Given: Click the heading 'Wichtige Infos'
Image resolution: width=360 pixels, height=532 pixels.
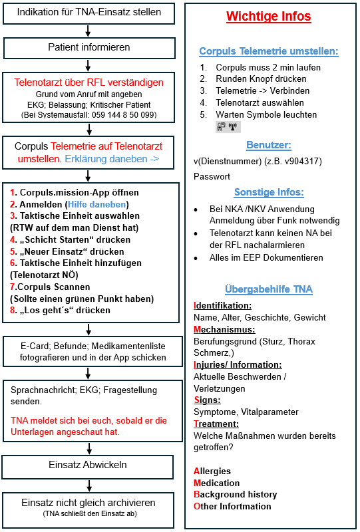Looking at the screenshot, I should (x=268, y=17).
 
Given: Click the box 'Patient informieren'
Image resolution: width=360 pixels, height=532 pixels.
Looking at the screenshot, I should (x=89, y=47).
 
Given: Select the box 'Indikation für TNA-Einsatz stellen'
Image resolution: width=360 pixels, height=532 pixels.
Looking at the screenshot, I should (x=89, y=13).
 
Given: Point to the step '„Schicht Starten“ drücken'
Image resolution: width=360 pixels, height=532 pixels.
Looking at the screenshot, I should (x=69, y=240).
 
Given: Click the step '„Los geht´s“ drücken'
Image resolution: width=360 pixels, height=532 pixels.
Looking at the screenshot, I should (x=65, y=310).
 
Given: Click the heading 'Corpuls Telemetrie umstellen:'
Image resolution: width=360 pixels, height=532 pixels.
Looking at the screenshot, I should (x=268, y=51).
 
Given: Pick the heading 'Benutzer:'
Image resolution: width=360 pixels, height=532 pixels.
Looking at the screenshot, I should (x=268, y=145).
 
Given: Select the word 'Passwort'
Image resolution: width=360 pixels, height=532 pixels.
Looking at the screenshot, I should (x=212, y=177).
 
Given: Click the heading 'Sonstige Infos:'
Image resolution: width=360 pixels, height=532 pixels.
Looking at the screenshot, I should (x=268, y=192).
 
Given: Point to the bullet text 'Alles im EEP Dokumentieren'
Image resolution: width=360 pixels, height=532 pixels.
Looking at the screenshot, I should (x=267, y=257).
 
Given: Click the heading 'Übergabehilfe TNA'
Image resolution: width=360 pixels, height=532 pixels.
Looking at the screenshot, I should (x=268, y=289).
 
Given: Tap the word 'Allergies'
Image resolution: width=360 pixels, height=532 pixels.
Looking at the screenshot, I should (x=212, y=471).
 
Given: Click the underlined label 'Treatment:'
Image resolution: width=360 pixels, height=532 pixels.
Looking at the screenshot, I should (x=216, y=424).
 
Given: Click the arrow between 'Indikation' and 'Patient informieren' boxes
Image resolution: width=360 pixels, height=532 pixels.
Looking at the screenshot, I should (x=89, y=30).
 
